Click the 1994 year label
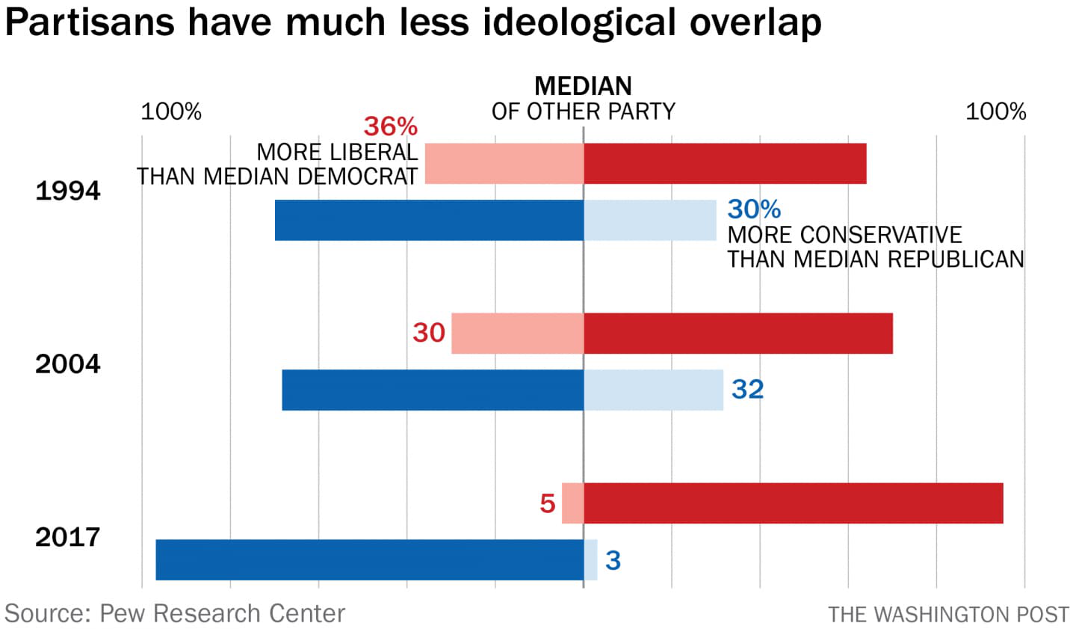[67, 191]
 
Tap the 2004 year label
[67, 364]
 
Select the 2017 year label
[67, 537]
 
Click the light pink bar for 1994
[504, 163]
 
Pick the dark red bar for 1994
[725, 163]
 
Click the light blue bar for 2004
[653, 390]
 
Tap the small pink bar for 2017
[572, 503]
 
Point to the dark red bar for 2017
[793, 503]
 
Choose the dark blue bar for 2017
[369, 559]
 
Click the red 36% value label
[390, 126]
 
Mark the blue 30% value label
[754, 209]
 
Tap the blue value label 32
[747, 389]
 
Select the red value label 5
[548, 503]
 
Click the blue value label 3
[613, 560]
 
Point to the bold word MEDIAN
[583, 85]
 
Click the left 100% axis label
[171, 111]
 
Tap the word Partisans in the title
[90, 22]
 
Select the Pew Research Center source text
[175, 613]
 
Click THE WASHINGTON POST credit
[948, 615]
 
